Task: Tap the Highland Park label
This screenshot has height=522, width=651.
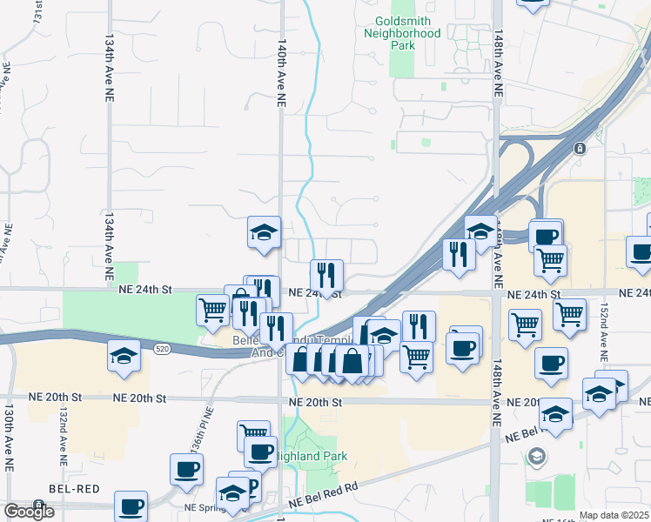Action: coord(312,456)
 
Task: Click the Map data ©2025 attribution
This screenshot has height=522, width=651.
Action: coord(614,515)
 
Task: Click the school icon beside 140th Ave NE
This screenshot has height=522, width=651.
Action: coord(264,231)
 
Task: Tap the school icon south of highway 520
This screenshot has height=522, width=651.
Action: coord(124,356)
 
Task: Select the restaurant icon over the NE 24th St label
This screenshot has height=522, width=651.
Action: coord(326,275)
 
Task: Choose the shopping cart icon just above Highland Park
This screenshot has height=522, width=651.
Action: coord(254,432)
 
